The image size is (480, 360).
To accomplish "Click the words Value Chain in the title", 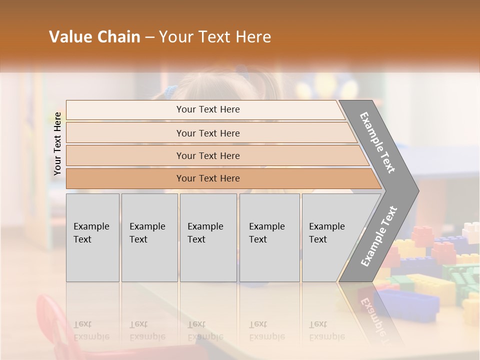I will pyautogui.click(x=94, y=37).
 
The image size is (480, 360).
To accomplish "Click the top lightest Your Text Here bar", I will pyautogui.click(x=207, y=109).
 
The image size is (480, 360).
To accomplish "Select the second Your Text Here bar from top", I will pyautogui.click(x=207, y=133).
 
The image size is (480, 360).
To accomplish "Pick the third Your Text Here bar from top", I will pyautogui.click(x=207, y=155).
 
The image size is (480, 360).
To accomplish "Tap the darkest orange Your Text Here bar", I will pyautogui.click(x=207, y=178).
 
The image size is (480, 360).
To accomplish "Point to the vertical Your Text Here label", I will pyautogui.click(x=57, y=143).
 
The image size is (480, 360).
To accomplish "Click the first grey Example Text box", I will pyautogui.click(x=92, y=237).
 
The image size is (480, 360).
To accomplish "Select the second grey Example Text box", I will pyautogui.click(x=149, y=237).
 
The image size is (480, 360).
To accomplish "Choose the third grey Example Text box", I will pyautogui.click(x=208, y=237).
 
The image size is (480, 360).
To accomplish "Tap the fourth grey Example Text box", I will pyautogui.click(x=269, y=237).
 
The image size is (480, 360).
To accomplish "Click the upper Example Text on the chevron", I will pyautogui.click(x=378, y=142).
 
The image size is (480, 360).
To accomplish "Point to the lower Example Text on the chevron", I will pyautogui.click(x=379, y=236).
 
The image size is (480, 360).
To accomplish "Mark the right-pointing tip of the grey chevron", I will pyautogui.click(x=417, y=190).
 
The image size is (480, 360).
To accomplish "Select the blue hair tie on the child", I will pyautogui.click(x=171, y=91).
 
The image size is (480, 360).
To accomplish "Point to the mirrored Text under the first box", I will pyautogui.click(x=82, y=324).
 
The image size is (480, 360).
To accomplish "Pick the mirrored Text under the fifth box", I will pyautogui.click(x=318, y=324).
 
